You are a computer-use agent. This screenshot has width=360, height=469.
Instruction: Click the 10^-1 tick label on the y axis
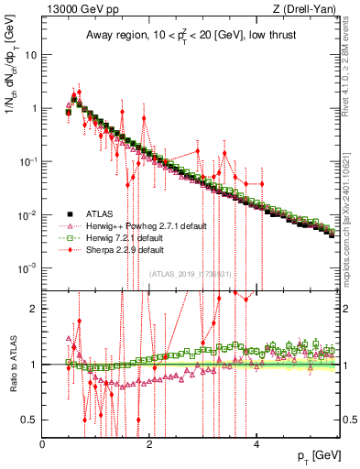coord(28,161)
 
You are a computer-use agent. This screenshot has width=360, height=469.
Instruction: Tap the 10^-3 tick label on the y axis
coord(28,268)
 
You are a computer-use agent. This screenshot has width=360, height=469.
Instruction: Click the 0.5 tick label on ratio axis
coord(30,420)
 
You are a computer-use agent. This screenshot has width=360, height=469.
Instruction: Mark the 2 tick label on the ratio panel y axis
coord(35,308)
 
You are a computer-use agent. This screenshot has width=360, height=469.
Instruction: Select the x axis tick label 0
coord(43,444)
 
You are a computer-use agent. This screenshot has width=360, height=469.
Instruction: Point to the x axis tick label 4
coord(257,444)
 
